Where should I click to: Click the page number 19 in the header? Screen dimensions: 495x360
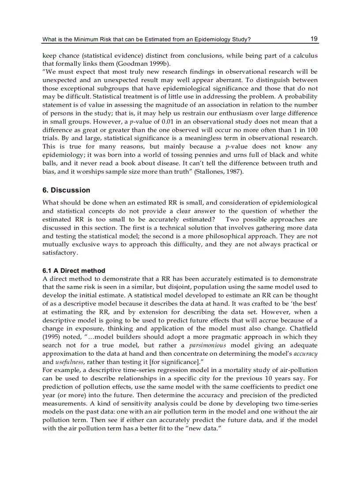pos(314,39)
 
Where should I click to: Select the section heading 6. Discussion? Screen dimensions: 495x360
pos(66,190)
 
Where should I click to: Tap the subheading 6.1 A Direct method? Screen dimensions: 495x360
pos(74,271)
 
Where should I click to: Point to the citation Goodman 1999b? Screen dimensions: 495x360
pos(144,64)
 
